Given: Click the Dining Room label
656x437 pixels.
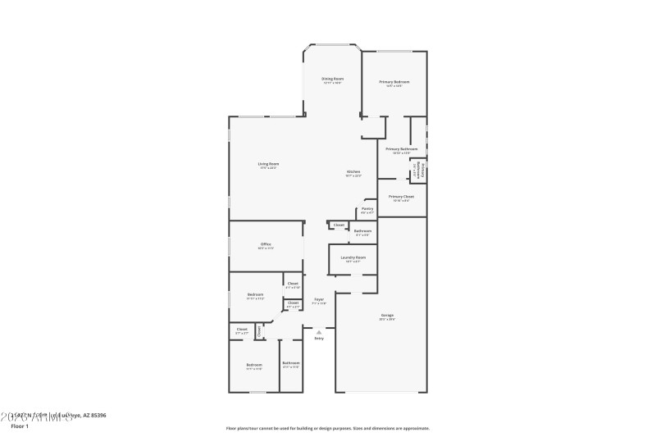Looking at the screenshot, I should pos(332,79).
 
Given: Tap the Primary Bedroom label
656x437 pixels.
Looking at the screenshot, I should pos(394,82).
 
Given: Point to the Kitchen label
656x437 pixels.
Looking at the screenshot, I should pos(353,171).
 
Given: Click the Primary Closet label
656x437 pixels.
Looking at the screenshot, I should pos(401,197).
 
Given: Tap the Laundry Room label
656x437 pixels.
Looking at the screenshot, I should pos(353,257).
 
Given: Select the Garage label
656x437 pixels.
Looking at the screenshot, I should pos(387,315).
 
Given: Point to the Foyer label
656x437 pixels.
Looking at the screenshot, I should pos(319,299).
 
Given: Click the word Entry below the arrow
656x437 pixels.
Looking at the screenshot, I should pos(319,338).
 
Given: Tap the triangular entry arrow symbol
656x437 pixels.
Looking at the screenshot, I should pos(319,331).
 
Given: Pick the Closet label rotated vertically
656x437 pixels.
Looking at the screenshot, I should pos(258,332).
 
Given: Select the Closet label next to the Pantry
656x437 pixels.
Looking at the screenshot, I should pos(339,225).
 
